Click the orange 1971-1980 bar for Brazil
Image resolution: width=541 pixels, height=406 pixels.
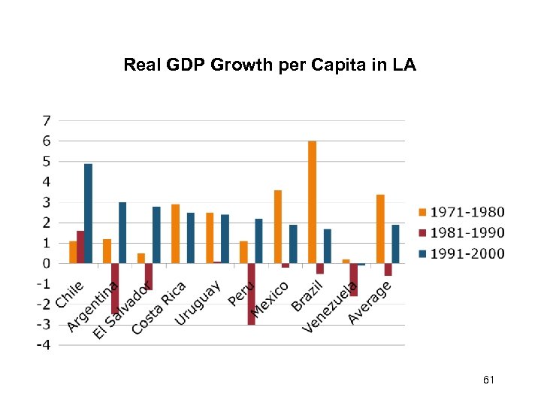312,201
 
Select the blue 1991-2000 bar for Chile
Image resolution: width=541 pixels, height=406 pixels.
88,214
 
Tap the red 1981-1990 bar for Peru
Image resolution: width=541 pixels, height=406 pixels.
251,293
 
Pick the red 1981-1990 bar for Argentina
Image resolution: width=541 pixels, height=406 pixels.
115,288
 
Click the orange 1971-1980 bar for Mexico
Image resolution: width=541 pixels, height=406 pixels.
278,226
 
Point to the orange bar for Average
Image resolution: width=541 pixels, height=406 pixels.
380,229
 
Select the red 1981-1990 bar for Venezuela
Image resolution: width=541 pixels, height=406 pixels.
353,279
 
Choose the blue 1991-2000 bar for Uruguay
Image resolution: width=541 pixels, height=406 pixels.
225,238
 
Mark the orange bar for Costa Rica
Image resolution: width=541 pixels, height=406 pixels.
175,233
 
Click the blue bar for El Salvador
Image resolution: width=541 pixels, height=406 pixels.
156,235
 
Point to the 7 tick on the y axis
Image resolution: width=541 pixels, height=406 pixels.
47,120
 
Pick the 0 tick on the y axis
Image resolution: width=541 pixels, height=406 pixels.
47,264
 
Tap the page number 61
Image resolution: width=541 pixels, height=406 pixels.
488,381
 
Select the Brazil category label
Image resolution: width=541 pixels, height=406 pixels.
307,296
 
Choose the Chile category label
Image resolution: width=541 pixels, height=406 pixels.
68,295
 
